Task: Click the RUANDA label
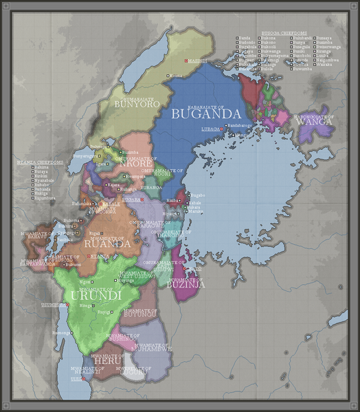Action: coord(106,243)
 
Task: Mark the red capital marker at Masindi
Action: coord(186,61)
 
